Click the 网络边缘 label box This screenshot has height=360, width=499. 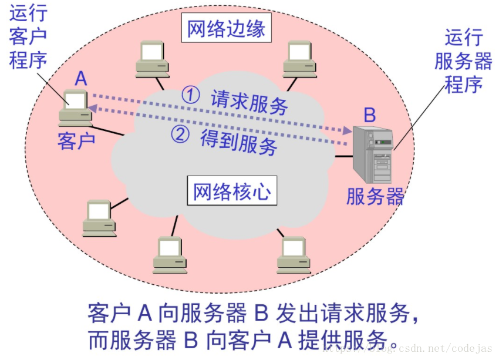227,29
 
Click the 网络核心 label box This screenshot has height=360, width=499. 232,191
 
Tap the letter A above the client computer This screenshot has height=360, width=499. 82,78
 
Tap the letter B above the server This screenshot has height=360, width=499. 369,114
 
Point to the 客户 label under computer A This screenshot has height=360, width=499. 76,141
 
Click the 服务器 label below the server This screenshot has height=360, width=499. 375,197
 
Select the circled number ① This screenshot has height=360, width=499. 190,95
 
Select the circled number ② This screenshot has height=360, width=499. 180,134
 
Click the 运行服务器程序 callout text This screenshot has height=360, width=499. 463,61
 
